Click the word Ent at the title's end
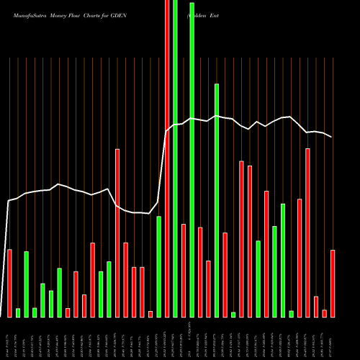coord(215,14)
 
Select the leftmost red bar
coord(9,283)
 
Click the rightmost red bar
coord(333,283)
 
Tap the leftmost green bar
coord(18,312)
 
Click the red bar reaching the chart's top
coord(167,158)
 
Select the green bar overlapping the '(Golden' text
coord(192,158)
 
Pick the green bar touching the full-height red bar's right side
coord(175,158)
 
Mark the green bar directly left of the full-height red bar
coord(159,266)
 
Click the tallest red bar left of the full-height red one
coord(117,233)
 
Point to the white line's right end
coord(332,137)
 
